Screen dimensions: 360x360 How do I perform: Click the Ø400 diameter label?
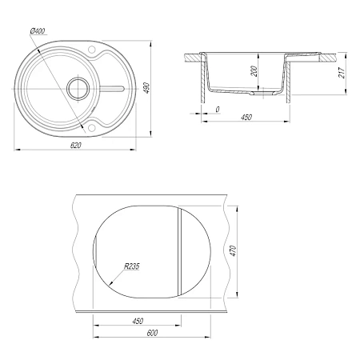38,31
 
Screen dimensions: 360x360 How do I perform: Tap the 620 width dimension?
76,146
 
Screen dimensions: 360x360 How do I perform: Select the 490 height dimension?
146,88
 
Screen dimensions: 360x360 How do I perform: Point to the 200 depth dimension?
254,71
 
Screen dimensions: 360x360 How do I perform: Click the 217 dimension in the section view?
342,73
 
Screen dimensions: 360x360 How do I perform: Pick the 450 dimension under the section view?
246,117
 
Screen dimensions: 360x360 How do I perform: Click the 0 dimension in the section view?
218,110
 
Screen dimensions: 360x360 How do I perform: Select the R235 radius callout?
132,266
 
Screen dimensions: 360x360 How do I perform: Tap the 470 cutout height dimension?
233,251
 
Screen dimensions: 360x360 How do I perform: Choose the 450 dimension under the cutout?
138,321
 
